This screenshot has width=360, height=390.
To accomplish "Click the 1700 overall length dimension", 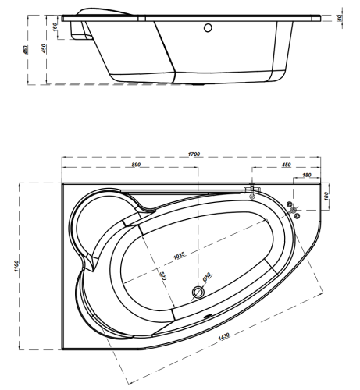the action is pos(194,154).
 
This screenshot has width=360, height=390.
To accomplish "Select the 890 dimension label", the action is pos(136,165).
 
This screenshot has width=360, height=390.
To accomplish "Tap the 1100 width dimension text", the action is pos(16,266).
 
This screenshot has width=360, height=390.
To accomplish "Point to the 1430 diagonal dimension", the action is pos(224,336).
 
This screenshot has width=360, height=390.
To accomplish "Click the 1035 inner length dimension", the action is pos(180,255).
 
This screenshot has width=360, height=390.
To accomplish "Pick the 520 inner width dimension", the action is pos(162,276).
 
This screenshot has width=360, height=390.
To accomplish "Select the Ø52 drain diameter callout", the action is pos(207,277).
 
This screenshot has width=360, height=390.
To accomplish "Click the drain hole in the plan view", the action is pos(198,292).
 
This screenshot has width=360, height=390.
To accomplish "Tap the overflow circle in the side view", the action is pos(208,28).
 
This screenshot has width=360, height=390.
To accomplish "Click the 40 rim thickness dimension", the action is pos(340,18).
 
